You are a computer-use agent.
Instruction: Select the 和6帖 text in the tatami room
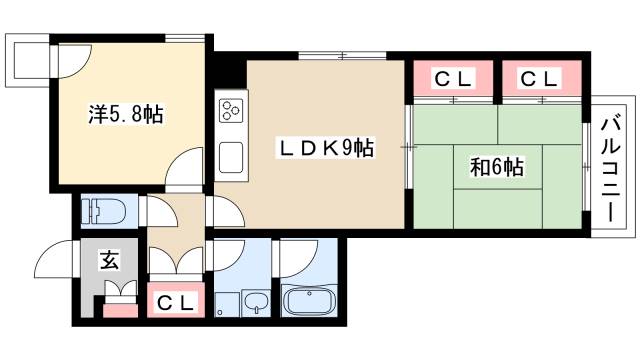[498, 167]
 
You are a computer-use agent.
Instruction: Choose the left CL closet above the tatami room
[451, 78]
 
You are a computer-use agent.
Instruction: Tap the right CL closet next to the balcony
[538, 78]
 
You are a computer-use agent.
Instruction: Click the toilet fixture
[105, 211]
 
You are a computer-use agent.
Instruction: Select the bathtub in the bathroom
[310, 302]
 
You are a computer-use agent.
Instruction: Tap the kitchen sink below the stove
[229, 156]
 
